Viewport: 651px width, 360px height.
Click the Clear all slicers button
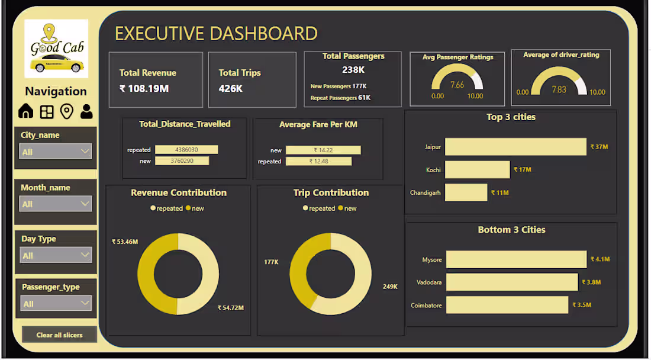(59, 335)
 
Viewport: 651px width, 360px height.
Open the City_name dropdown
(56, 152)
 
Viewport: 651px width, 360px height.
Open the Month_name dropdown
(56, 204)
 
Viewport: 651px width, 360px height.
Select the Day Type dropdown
(56, 255)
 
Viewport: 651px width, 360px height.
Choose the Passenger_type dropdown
(56, 304)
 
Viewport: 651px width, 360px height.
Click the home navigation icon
(26, 111)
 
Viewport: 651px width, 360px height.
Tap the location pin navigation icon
(67, 111)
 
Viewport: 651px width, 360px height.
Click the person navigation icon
(86, 111)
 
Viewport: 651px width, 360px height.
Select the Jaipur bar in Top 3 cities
(515, 147)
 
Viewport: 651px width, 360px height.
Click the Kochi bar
(477, 170)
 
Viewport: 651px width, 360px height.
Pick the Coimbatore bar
(507, 305)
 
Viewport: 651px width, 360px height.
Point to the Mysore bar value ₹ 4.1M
(600, 259)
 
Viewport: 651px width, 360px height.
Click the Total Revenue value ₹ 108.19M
(144, 89)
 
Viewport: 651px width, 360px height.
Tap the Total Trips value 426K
(231, 89)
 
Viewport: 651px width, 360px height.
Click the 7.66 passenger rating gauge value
(457, 85)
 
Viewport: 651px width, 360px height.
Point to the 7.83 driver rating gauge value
(559, 89)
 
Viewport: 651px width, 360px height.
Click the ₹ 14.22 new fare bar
(323, 150)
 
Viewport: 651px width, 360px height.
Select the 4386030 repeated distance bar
(186, 150)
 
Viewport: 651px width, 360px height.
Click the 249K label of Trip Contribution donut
(389, 287)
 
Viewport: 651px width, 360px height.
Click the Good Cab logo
(56, 49)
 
